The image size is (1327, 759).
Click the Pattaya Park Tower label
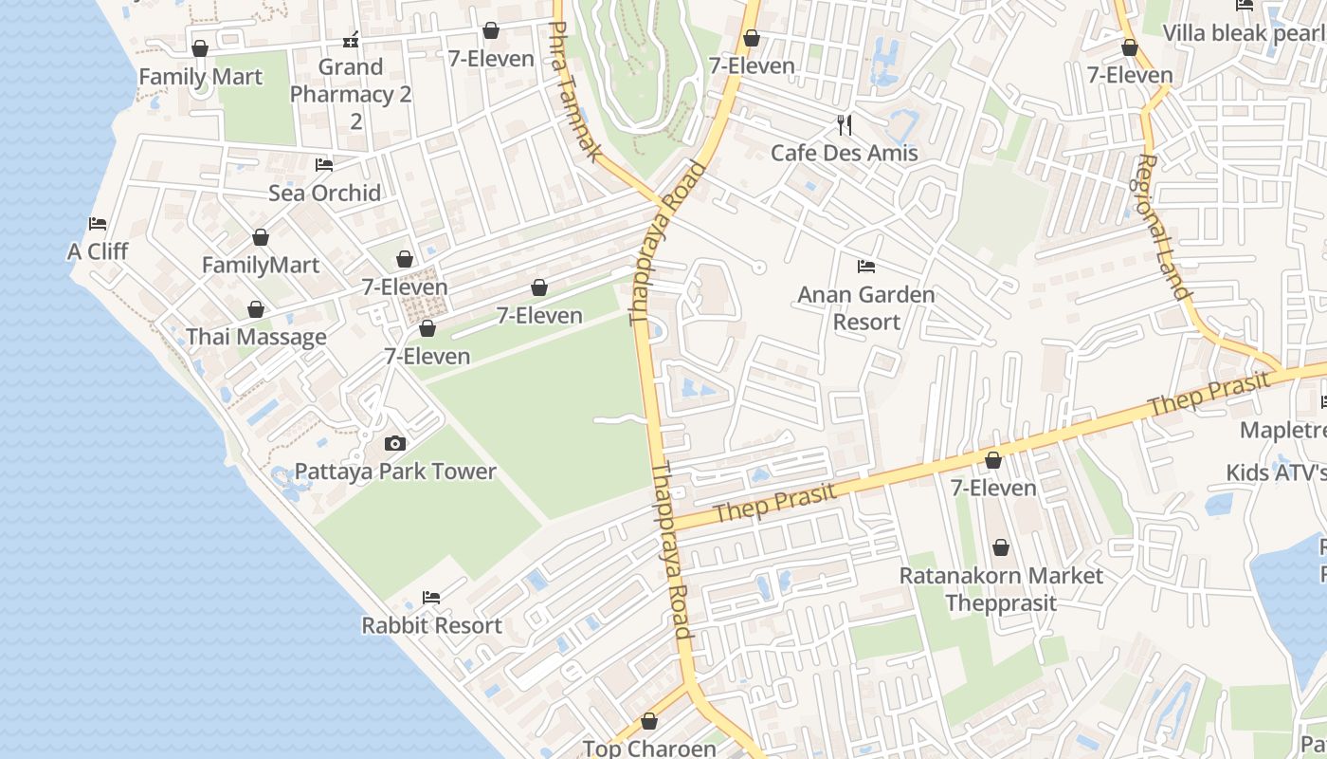[x=395, y=472]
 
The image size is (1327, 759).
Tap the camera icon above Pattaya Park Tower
[x=395, y=443]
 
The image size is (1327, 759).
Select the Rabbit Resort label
[x=431, y=625]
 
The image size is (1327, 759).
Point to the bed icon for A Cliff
[x=98, y=224]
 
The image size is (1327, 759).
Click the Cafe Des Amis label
[x=844, y=153]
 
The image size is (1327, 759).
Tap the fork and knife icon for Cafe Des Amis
[x=845, y=124]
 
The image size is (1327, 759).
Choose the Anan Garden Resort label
[x=865, y=308]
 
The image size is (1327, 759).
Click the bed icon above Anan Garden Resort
[x=865, y=266]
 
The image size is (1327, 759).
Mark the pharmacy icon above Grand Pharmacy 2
[x=351, y=40]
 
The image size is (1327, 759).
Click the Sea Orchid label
[x=324, y=193]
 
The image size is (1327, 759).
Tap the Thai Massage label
[x=256, y=337]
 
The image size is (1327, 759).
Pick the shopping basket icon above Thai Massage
[x=255, y=309]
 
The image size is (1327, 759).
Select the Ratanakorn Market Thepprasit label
[x=1001, y=589]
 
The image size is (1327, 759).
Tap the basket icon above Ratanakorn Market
[x=1001, y=547]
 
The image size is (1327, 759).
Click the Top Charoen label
[x=649, y=749]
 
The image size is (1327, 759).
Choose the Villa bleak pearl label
[x=1244, y=33]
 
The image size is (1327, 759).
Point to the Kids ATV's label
[x=1275, y=472]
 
